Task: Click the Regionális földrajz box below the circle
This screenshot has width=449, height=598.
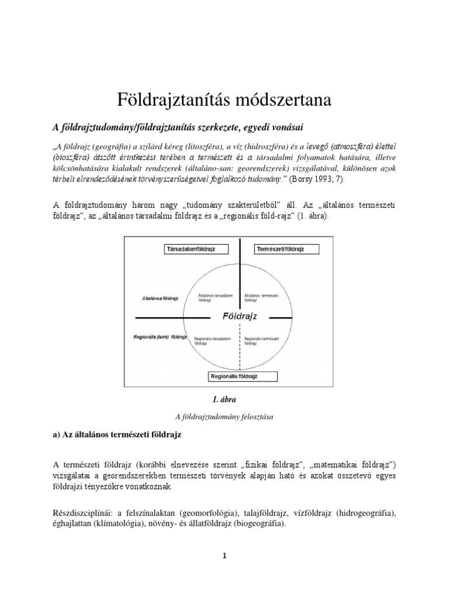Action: click(x=233, y=377)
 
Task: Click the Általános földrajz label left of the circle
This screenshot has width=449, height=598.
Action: click(x=160, y=298)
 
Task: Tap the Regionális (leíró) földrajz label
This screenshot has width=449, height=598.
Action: click(x=160, y=338)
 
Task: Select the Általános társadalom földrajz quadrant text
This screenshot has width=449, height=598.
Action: click(x=212, y=297)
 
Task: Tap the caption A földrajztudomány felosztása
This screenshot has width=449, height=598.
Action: click(x=224, y=417)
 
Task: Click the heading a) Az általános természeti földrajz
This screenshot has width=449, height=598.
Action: click(x=118, y=436)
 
